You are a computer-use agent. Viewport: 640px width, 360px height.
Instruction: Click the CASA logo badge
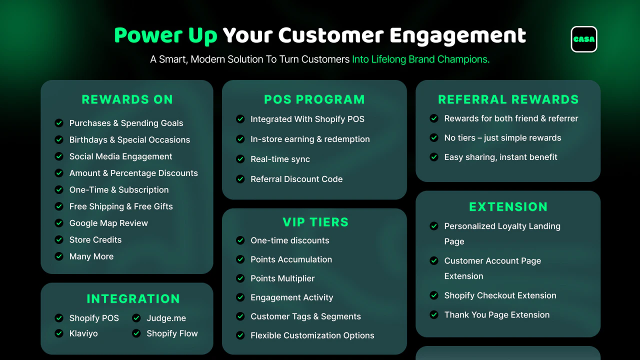pos(583,39)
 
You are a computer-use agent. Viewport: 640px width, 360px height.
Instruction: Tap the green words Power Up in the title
pos(165,35)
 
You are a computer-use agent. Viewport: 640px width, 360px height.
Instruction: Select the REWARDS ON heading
pos(127,99)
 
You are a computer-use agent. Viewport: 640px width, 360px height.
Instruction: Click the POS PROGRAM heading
pos(314,99)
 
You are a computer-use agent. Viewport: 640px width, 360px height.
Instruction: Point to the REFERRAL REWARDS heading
pos(508,99)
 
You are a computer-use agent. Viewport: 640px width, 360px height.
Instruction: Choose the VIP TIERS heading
pos(315,222)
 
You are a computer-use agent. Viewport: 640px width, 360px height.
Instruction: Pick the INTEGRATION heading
pos(133,299)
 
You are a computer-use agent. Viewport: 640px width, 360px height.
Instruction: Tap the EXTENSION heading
pos(508,207)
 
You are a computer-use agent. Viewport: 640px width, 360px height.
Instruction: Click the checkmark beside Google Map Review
pos(59,223)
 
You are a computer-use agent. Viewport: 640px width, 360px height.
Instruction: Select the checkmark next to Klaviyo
pos(59,333)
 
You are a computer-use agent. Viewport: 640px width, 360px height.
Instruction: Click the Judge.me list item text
pos(166,318)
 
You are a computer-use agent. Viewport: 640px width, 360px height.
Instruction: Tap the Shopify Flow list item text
pos(172,333)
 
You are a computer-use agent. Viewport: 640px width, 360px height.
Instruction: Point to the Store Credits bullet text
pos(95,239)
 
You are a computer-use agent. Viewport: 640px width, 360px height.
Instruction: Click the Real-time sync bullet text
pos(280,159)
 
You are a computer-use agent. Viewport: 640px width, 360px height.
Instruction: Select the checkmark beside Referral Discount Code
pos(240,179)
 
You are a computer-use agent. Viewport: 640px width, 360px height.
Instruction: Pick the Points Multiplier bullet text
pos(282,278)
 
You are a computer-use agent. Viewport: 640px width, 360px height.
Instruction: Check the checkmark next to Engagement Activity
pos(240,297)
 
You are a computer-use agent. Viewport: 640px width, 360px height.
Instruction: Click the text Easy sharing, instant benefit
pos(500,157)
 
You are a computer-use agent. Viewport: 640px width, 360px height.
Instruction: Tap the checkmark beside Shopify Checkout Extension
pos(434,295)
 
